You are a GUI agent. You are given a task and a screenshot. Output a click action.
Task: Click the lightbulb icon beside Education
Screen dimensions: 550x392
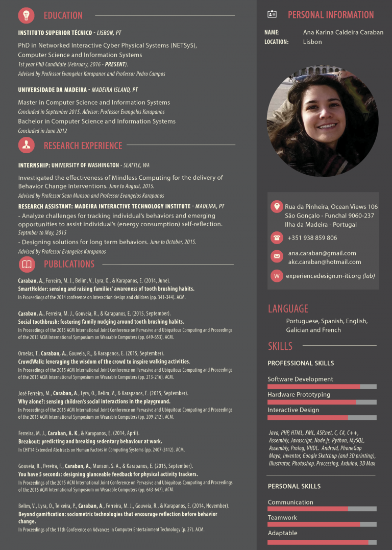(x=27, y=15)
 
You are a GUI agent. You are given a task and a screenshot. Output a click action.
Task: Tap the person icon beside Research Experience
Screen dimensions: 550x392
(x=27, y=145)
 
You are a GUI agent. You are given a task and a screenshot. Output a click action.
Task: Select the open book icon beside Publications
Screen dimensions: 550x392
(x=27, y=264)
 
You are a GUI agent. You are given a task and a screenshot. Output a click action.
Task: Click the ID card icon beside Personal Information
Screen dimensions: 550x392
(x=272, y=14)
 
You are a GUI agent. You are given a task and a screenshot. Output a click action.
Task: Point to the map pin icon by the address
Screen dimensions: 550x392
(x=277, y=206)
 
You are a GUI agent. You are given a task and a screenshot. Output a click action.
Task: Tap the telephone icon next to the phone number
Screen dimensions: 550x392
(x=277, y=237)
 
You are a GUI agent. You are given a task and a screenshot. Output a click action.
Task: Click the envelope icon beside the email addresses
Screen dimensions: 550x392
(x=277, y=256)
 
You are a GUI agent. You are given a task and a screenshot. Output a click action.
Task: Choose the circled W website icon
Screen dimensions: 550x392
(x=277, y=276)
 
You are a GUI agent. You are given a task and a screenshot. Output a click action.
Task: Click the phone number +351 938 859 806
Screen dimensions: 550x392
(x=312, y=238)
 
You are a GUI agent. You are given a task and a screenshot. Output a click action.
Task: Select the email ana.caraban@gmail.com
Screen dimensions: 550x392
(x=322, y=253)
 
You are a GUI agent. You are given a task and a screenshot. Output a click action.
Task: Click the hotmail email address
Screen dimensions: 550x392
(x=324, y=262)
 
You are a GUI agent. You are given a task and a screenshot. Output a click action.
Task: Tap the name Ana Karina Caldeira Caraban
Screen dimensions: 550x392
(x=343, y=32)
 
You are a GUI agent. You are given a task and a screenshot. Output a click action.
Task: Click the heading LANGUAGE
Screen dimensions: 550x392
(x=288, y=308)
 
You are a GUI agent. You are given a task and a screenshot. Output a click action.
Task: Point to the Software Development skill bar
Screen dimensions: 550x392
(x=322, y=387)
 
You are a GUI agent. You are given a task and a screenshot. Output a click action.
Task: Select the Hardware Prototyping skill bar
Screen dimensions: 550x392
(x=322, y=402)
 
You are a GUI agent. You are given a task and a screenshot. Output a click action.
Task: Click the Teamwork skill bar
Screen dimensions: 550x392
(x=322, y=524)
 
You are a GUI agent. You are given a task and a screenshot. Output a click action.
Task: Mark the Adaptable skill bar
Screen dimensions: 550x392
(x=322, y=542)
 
